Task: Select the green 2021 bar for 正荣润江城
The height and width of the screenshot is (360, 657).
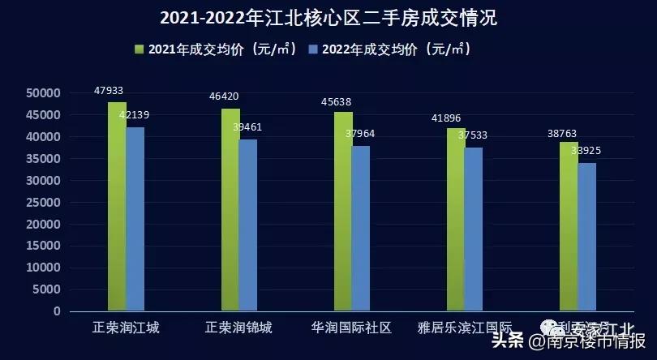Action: tap(117, 206)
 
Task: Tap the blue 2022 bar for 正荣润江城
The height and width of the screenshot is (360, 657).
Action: tap(135, 219)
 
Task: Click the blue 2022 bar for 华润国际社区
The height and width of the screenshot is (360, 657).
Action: tap(361, 228)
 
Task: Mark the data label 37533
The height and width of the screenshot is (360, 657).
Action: tap(472, 135)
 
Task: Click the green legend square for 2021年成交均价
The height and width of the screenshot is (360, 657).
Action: tap(140, 49)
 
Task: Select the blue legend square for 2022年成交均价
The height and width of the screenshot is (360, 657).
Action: tap(313, 49)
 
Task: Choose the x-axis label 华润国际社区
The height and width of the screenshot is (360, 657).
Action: tap(351, 328)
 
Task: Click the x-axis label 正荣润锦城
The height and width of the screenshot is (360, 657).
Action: tap(238, 328)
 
